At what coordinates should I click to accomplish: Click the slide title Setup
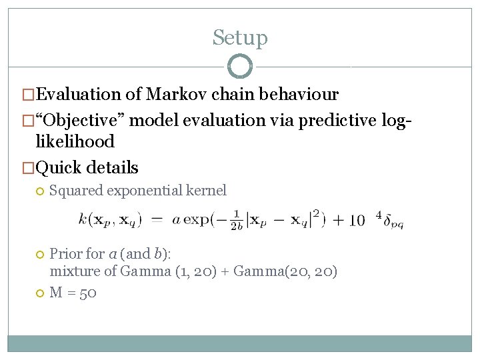click(x=240, y=38)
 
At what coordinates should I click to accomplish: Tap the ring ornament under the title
click(x=240, y=67)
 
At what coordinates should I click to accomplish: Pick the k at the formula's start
click(x=82, y=219)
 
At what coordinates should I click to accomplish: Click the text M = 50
click(x=73, y=293)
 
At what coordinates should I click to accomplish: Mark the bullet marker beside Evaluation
click(x=27, y=95)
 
